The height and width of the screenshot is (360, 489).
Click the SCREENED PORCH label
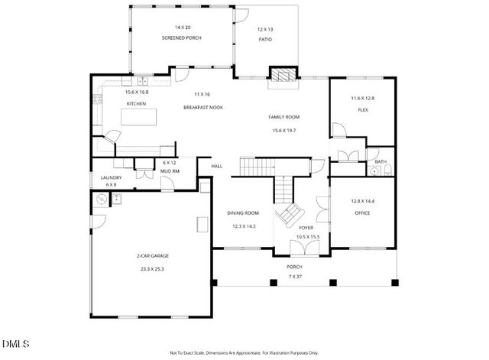click(x=181, y=38)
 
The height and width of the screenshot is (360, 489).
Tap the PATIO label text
click(x=266, y=39)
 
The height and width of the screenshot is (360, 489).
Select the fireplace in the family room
click(x=280, y=75)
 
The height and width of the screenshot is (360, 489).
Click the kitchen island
click(x=140, y=117)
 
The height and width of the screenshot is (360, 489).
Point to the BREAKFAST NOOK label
click(x=202, y=108)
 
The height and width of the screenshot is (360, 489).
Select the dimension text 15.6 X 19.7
click(x=283, y=131)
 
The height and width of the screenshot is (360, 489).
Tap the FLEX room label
click(x=363, y=110)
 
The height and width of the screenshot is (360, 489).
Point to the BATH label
click(x=380, y=161)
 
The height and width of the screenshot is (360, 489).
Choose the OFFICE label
click(x=361, y=213)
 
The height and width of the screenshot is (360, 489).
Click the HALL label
click(x=216, y=165)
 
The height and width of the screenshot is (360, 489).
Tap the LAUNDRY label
click(x=111, y=177)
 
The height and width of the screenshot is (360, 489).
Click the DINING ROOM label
click(x=243, y=213)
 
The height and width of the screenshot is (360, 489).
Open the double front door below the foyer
click(x=305, y=249)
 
